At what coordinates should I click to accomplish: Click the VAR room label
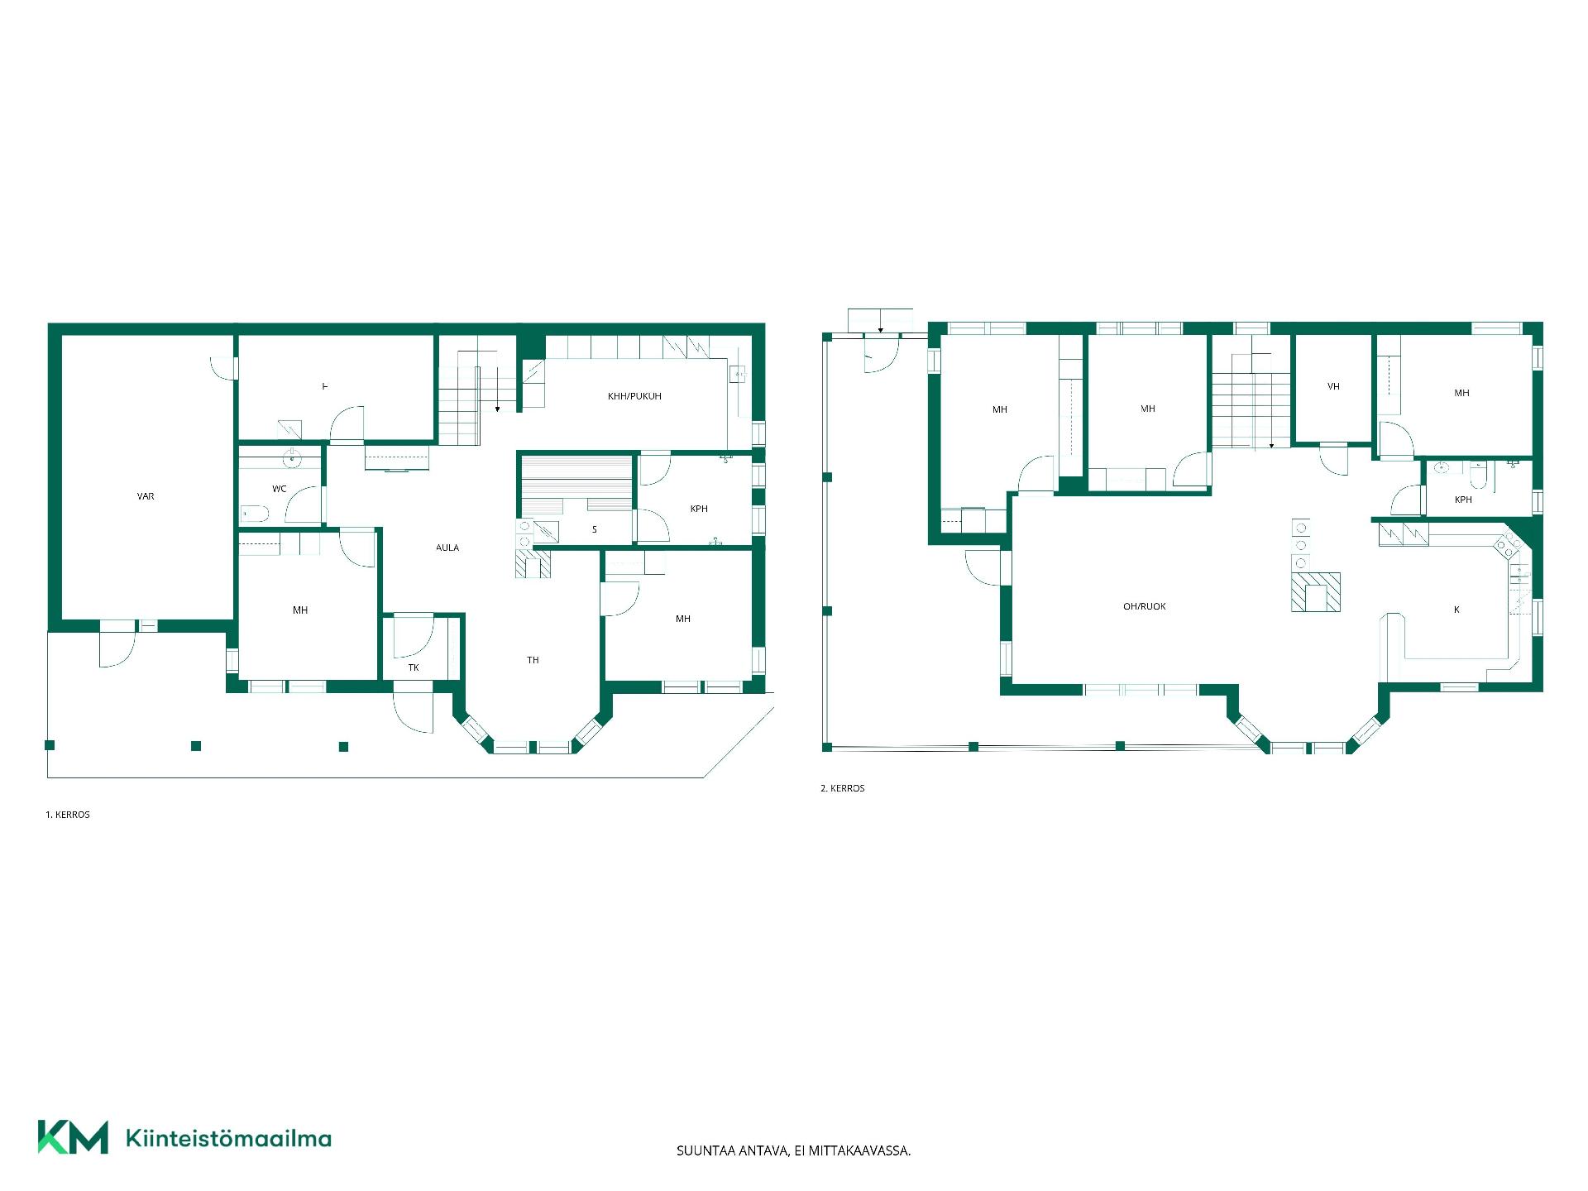[x=146, y=496]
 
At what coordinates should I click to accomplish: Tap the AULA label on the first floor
[x=447, y=548]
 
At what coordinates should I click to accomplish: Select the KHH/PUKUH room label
[x=634, y=396]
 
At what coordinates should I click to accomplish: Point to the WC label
[x=280, y=489]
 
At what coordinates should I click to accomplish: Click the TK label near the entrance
[x=414, y=667]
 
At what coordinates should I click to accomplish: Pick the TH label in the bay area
[x=533, y=660]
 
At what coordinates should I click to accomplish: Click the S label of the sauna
[x=594, y=529]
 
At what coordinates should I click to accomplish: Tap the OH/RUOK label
[x=1145, y=606]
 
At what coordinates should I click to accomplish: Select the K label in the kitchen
[x=1456, y=610]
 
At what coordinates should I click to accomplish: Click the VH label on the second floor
[x=1333, y=386]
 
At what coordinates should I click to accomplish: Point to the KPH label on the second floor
[x=1463, y=500]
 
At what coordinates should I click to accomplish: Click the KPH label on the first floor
[x=699, y=509]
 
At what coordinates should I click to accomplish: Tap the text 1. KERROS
[x=68, y=815]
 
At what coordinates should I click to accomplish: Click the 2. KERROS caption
[x=843, y=788]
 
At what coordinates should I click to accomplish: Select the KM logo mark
[x=73, y=1137]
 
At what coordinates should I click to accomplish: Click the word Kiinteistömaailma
[x=228, y=1138]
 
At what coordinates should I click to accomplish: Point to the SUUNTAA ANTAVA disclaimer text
[x=794, y=1150]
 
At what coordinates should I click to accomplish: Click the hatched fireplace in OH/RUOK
[x=1316, y=592]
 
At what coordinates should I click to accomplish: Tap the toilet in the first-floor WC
[x=255, y=514]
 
